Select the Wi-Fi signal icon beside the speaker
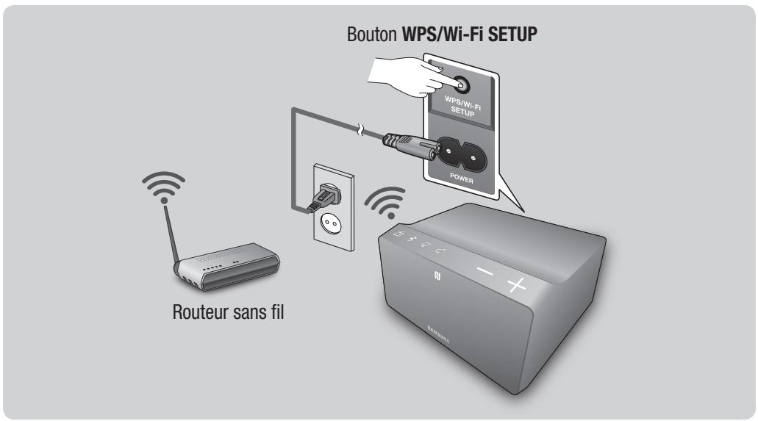386,200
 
